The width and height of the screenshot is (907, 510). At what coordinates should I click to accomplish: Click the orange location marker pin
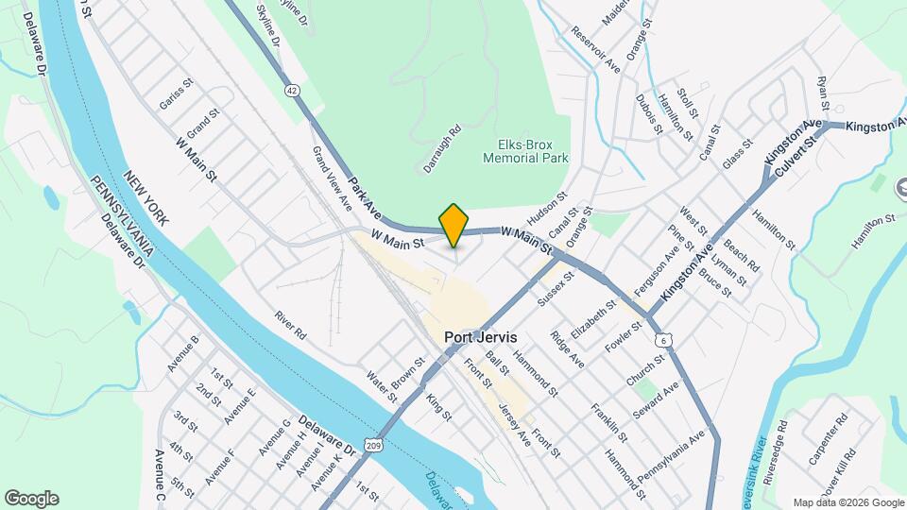pyautogui.click(x=454, y=224)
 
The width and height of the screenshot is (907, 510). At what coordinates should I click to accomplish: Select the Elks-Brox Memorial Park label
pyautogui.click(x=525, y=151)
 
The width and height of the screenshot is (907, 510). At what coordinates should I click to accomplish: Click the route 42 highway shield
pyautogui.click(x=292, y=91)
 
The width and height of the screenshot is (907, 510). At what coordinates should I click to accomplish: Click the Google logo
pyautogui.click(x=31, y=499)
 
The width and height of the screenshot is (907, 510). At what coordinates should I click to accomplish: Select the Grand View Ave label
pyautogui.click(x=333, y=179)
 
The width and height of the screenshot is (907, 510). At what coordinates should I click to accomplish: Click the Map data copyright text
pyautogui.click(x=847, y=502)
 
